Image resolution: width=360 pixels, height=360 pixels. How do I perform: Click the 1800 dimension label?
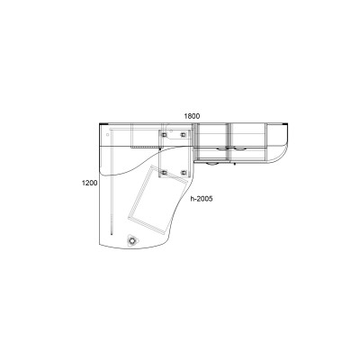coord(192,116)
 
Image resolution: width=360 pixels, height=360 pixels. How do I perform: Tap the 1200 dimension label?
coord(90,183)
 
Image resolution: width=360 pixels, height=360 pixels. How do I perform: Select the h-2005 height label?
coord(202,199)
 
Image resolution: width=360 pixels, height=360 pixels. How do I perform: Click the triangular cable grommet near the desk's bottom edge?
coord(132,240)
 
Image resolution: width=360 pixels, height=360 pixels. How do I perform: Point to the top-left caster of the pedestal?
coord(164,135)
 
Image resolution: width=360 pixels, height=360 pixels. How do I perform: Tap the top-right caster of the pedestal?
coord(183,135)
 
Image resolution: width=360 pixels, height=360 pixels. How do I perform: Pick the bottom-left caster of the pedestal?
coord(164,173)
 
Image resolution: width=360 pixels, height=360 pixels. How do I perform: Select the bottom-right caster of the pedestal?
coord(184,173)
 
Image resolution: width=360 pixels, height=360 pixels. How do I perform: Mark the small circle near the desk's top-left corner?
coord(108,135)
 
